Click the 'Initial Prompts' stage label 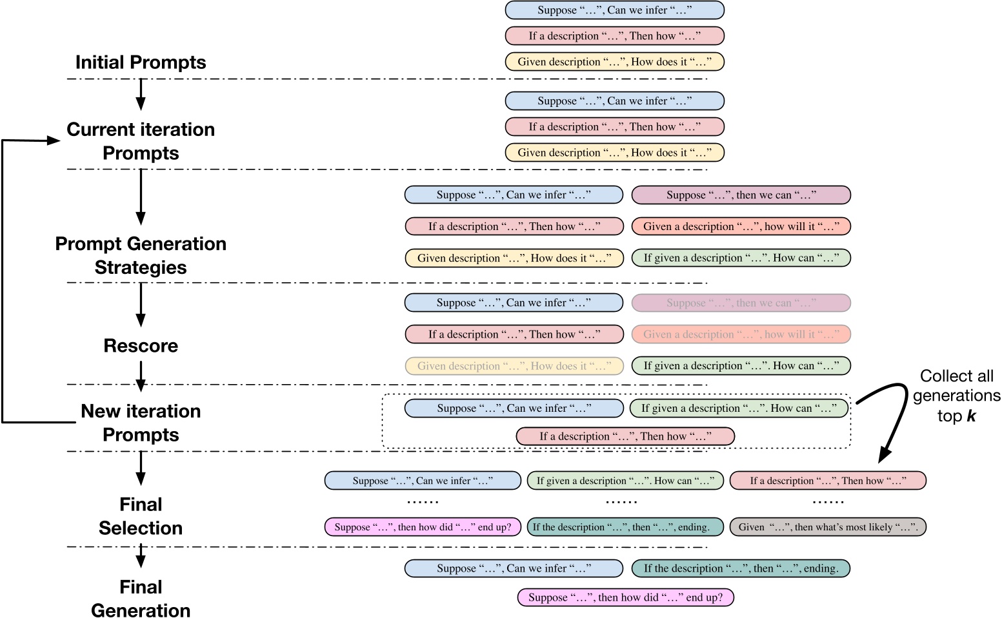pyautogui.click(x=141, y=63)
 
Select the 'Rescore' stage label pyautogui.click(x=141, y=346)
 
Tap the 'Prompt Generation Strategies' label pyautogui.click(x=141, y=255)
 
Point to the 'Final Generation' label pyautogui.click(x=141, y=598)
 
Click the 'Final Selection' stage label pyautogui.click(x=141, y=516)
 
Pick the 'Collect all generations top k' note pyautogui.click(x=956, y=395)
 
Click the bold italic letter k pyautogui.click(x=971, y=416)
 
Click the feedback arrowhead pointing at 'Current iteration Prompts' pyautogui.click(x=53, y=140)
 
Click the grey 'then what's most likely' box pyautogui.click(x=828, y=527)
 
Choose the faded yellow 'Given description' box pyautogui.click(x=514, y=366)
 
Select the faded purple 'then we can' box pyautogui.click(x=741, y=303)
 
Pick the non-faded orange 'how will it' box pyautogui.click(x=741, y=227)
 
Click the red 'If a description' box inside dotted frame pyautogui.click(x=625, y=436)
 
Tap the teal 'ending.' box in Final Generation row pyautogui.click(x=741, y=568)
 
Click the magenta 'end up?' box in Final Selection pyautogui.click(x=423, y=527)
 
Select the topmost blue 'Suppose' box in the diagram pyautogui.click(x=614, y=10)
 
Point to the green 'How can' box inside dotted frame pyautogui.click(x=739, y=409)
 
